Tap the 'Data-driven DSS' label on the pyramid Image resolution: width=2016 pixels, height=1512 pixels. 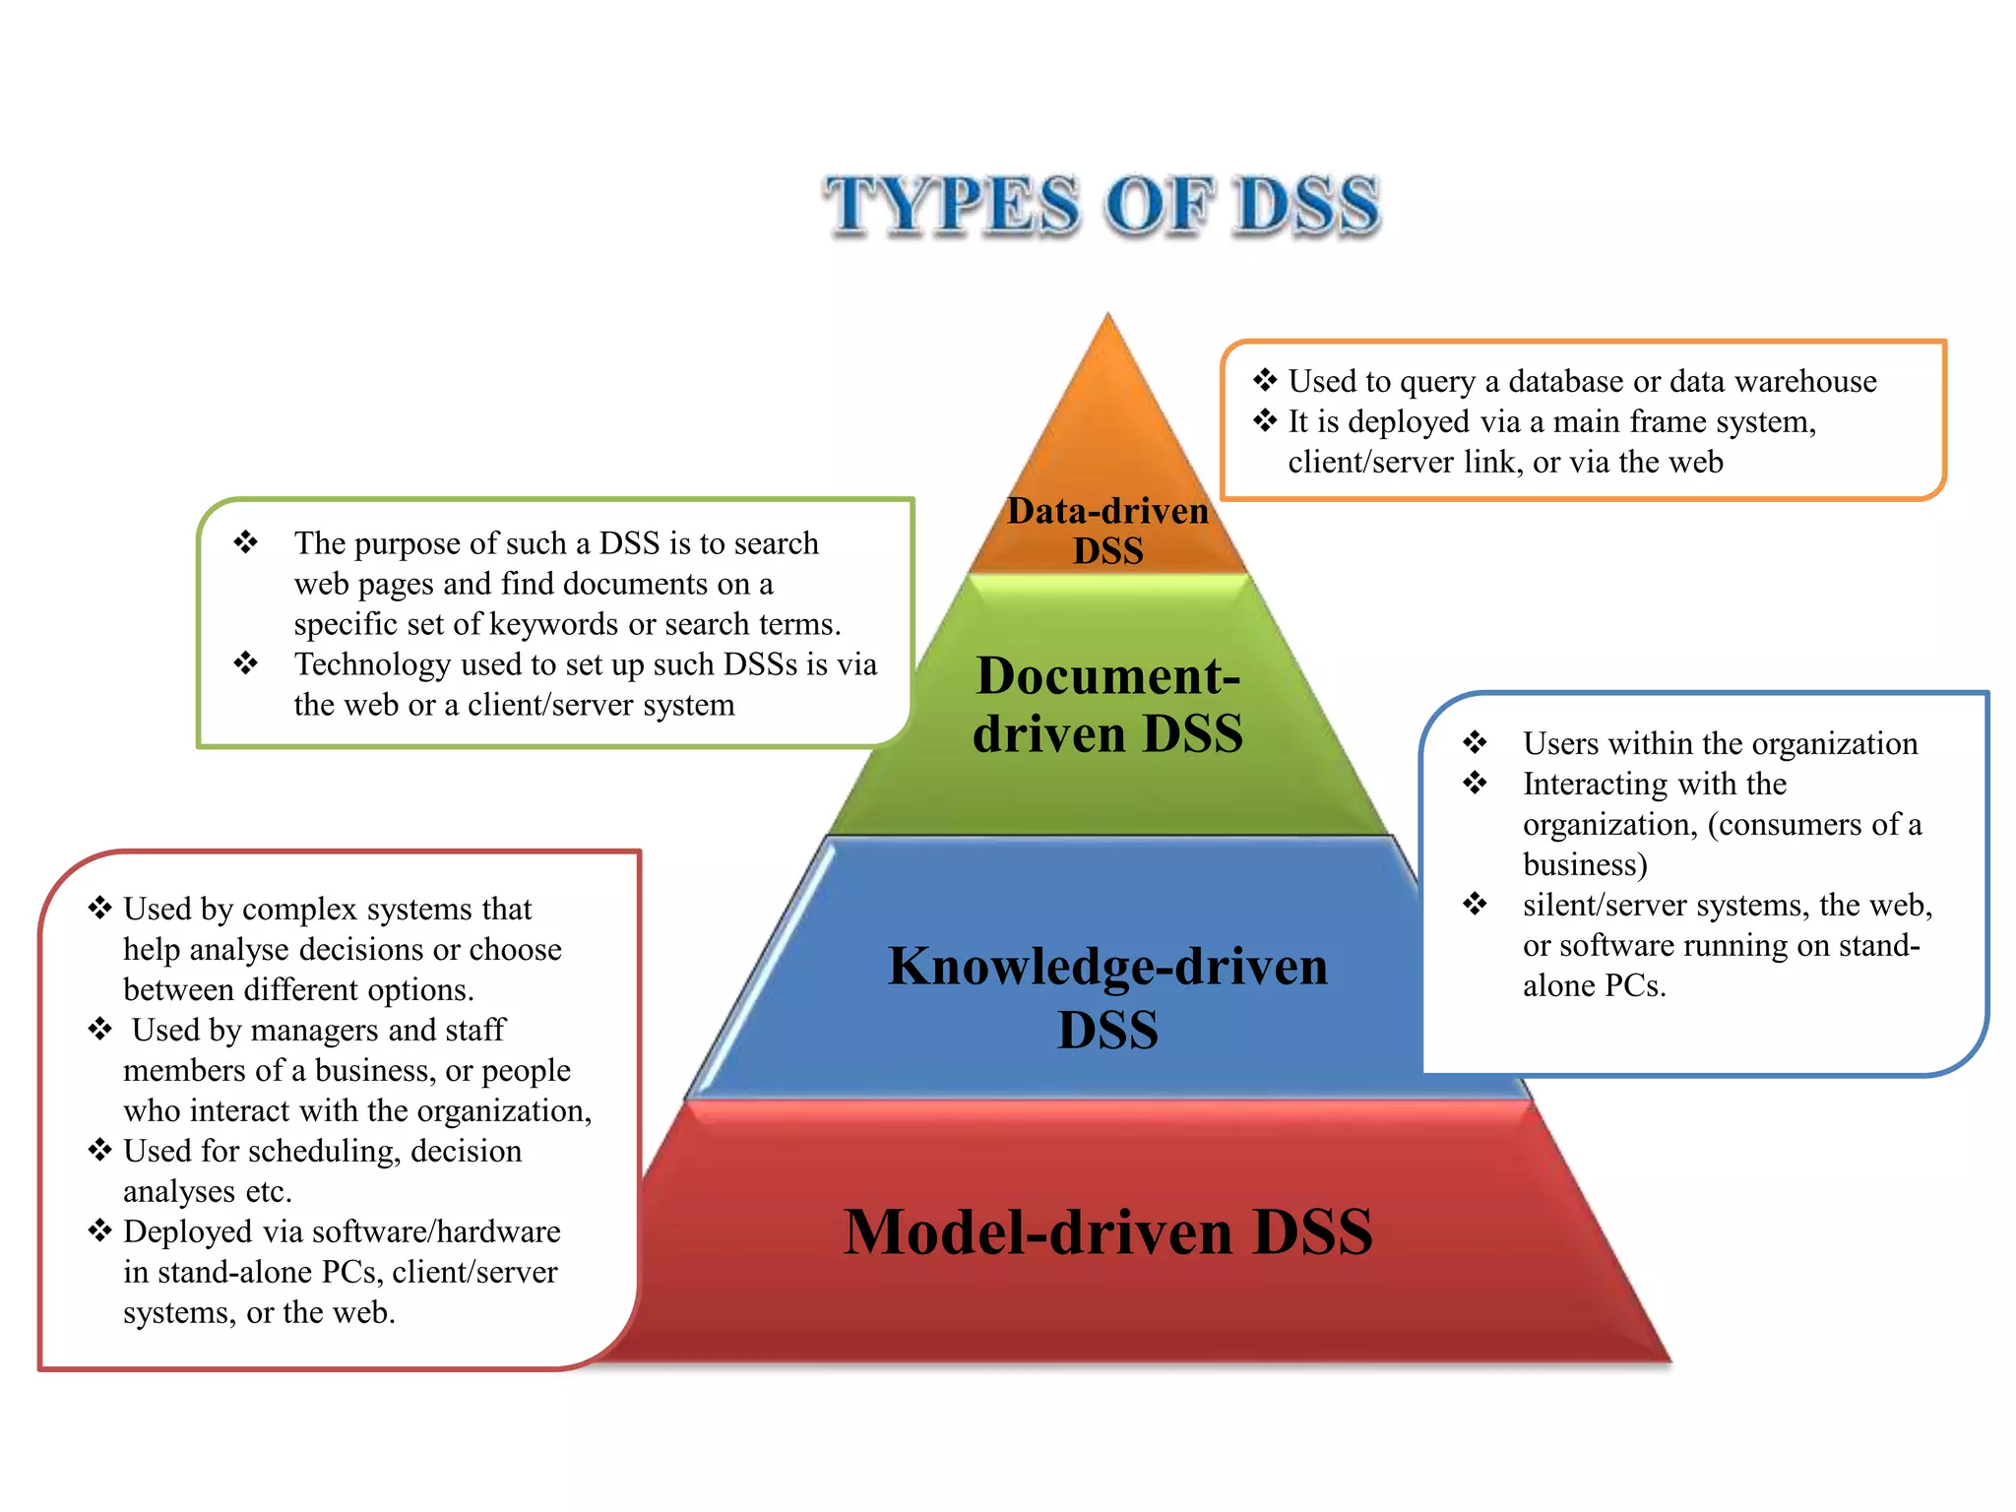[x=1108, y=531]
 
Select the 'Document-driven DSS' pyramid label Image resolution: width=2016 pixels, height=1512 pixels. [x=1108, y=704]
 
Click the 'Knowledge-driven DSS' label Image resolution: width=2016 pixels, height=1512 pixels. [x=1108, y=996]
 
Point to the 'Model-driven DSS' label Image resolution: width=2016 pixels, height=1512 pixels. [x=1108, y=1231]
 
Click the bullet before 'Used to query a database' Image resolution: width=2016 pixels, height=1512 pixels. [x=1265, y=380]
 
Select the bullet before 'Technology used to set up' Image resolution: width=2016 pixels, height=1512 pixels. [x=246, y=663]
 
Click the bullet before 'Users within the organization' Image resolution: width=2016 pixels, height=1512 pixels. [x=1475, y=742]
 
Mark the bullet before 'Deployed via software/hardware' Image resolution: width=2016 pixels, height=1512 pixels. [x=100, y=1230]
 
